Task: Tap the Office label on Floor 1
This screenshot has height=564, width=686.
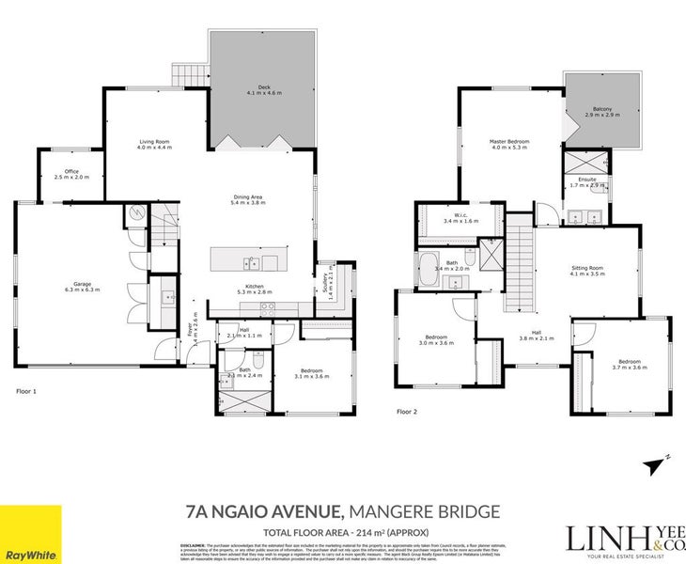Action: coord(71,174)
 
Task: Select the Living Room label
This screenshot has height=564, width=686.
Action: coord(155,145)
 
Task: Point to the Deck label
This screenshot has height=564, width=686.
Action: coord(263,90)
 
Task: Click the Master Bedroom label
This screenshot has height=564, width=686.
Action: coord(509,145)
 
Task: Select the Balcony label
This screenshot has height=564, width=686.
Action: coord(602,113)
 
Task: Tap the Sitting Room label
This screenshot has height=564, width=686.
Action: coord(586,272)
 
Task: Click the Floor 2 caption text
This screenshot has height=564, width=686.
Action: coord(406,411)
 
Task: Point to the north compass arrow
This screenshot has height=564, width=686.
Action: coord(655,463)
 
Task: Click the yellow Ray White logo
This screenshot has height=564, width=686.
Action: coord(31,534)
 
